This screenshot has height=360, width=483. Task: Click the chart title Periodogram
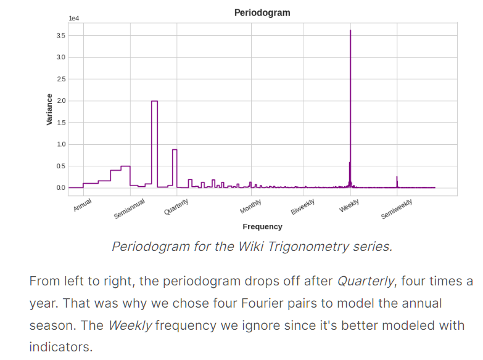click(262, 12)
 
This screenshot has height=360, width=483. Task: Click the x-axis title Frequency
click(262, 226)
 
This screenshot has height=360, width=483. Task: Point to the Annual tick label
click(83, 205)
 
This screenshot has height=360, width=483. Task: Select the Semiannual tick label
click(130, 208)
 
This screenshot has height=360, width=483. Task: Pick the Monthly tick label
click(251, 206)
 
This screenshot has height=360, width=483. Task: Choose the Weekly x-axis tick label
click(349, 205)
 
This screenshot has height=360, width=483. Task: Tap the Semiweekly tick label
click(397, 209)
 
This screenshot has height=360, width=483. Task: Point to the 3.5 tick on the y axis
click(60, 36)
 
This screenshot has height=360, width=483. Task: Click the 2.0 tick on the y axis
click(60, 100)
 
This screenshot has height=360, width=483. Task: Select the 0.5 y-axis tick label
click(60, 166)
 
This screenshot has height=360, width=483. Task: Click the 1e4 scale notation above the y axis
click(73, 18)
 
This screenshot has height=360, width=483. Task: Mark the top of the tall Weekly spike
click(350, 31)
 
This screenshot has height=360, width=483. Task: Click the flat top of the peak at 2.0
click(154, 101)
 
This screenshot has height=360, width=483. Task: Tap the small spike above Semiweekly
click(397, 178)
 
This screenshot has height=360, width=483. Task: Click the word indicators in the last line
click(60, 347)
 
